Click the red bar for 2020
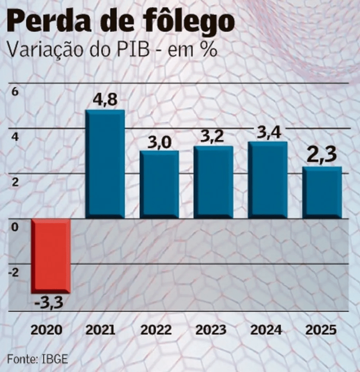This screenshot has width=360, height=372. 51,256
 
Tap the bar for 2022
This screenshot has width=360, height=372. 159,185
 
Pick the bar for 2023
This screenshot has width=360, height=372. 213,182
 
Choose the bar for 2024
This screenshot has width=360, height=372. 267,180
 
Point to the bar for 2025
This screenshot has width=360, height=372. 322,192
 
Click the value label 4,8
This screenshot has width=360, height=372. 105,102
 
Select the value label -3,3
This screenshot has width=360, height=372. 50,303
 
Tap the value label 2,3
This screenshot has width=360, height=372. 322,156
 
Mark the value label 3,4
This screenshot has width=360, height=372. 267,132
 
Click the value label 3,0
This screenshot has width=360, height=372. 159,142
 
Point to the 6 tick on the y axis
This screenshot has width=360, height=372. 14,92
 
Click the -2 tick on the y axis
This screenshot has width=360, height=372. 14,273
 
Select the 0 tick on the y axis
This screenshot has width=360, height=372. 14,227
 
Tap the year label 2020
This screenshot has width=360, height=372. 47,330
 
